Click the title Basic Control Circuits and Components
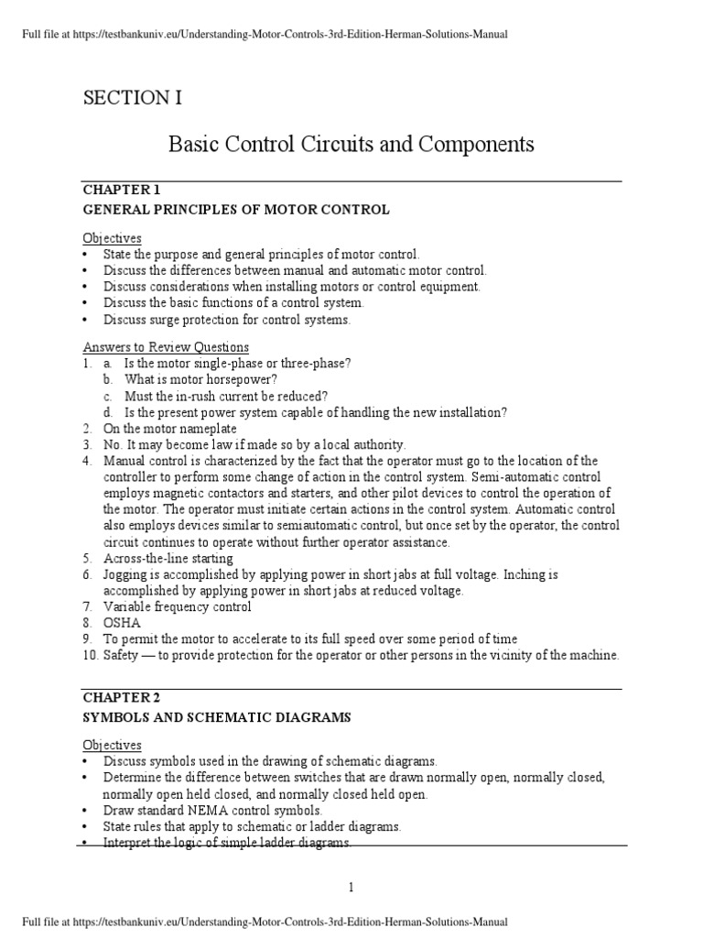pos(351,145)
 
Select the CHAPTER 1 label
pos(122,191)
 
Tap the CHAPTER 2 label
pos(122,698)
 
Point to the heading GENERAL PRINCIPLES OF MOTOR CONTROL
pos(236,210)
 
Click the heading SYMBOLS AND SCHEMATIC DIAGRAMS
pos(217,717)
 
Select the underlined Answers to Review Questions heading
pos(166,347)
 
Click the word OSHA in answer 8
pos(122,622)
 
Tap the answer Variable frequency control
pos(177,606)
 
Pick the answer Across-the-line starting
pos(168,558)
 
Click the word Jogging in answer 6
pos(126,574)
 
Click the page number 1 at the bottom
pos(351,887)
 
